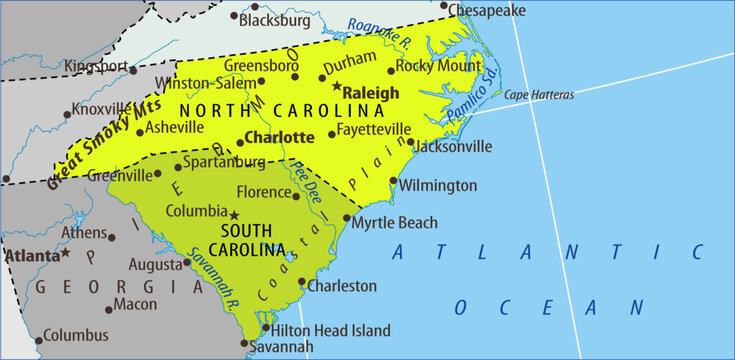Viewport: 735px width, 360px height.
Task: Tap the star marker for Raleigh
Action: coord(337,86)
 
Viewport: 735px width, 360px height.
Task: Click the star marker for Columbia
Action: coord(234,214)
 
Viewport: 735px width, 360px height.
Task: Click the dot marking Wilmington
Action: coord(393,185)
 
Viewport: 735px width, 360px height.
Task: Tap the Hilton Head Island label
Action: coord(327,329)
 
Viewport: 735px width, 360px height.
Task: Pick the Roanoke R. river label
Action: coord(381,38)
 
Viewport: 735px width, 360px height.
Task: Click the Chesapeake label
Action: coord(487,10)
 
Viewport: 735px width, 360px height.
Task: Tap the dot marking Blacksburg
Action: coord(234,17)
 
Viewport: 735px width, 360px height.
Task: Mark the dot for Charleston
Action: coord(302,286)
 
